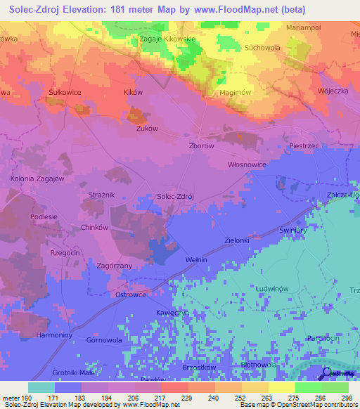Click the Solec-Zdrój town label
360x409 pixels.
coord(174,197)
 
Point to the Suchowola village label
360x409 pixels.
coord(262,48)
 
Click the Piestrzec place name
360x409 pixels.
coord(304,145)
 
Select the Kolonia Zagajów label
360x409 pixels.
coord(37,179)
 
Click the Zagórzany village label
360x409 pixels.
coord(114,266)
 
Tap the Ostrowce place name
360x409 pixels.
coord(129,295)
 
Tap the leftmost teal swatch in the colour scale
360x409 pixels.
coord(41,387)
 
